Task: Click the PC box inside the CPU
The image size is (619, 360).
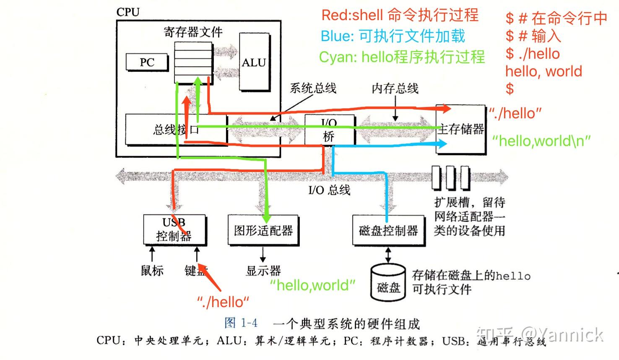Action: coord(147,63)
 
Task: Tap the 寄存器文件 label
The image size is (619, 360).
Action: coord(193,32)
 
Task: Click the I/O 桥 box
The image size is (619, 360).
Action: coord(329,130)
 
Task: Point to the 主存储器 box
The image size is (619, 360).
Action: coord(460,129)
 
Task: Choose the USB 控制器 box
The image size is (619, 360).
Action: coord(174,230)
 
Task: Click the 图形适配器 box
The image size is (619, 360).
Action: coord(263,230)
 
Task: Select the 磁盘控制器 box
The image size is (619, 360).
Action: coord(388,230)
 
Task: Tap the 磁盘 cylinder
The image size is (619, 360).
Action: coord(388,283)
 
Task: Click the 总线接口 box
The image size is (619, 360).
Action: coord(176,130)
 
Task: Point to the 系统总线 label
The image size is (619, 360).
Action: coord(313,88)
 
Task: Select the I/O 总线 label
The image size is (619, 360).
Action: coord(329,190)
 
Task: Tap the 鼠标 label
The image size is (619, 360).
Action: coord(152,271)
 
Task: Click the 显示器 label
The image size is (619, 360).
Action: coord(263,271)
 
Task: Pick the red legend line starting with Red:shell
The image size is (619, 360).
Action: coord(400,16)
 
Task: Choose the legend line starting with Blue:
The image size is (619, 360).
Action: coord(393,36)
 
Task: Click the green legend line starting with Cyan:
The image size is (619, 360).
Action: coord(402,57)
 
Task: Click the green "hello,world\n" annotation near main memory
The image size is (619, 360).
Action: coord(541,141)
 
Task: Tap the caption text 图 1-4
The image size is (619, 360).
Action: coord(241,323)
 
